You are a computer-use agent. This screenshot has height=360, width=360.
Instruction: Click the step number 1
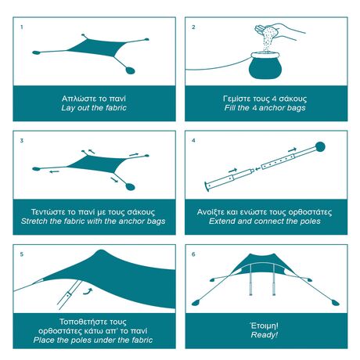click(x=21, y=27)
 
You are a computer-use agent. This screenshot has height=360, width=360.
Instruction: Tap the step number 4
click(x=193, y=140)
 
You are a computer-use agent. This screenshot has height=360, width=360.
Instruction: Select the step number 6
click(x=193, y=254)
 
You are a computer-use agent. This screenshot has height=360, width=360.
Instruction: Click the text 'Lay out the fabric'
click(x=93, y=108)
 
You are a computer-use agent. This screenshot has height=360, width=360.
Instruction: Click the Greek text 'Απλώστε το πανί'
click(x=93, y=99)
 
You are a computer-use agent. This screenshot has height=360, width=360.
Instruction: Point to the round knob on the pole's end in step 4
click(x=319, y=146)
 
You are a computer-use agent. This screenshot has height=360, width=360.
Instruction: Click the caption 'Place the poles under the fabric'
click(x=93, y=340)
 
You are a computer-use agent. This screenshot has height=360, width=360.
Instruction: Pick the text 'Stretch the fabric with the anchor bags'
click(x=93, y=221)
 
